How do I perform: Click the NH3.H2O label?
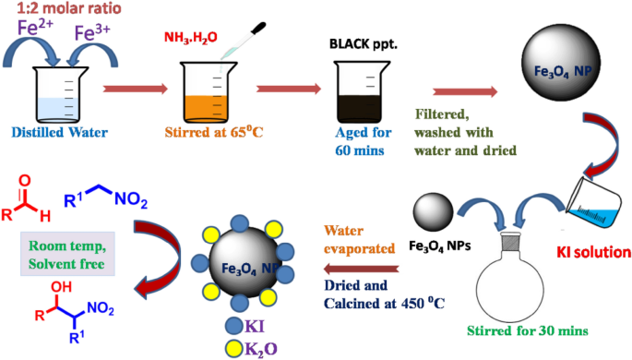tap(192, 37)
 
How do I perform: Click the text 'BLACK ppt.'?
tap(361, 42)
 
